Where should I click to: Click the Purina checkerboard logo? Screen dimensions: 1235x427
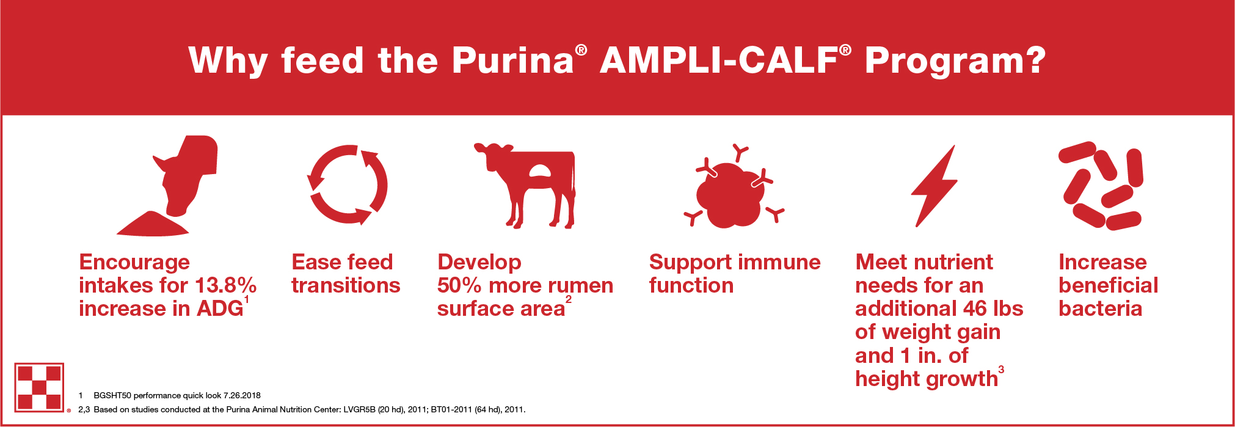tap(39, 387)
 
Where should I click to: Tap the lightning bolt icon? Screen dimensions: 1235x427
tap(934, 186)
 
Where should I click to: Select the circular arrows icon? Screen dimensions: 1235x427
tap(348, 184)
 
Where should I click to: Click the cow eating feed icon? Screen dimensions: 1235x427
tap(167, 186)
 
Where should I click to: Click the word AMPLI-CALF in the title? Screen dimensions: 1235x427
tap(719, 60)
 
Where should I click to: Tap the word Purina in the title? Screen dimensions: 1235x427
tap(512, 60)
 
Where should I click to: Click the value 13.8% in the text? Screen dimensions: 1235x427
tap(225, 285)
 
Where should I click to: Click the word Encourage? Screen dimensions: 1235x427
tap(134, 263)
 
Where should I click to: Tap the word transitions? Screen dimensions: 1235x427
tap(346, 285)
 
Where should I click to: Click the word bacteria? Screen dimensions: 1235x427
tap(1100, 308)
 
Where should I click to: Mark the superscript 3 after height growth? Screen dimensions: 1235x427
tap(1001, 369)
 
